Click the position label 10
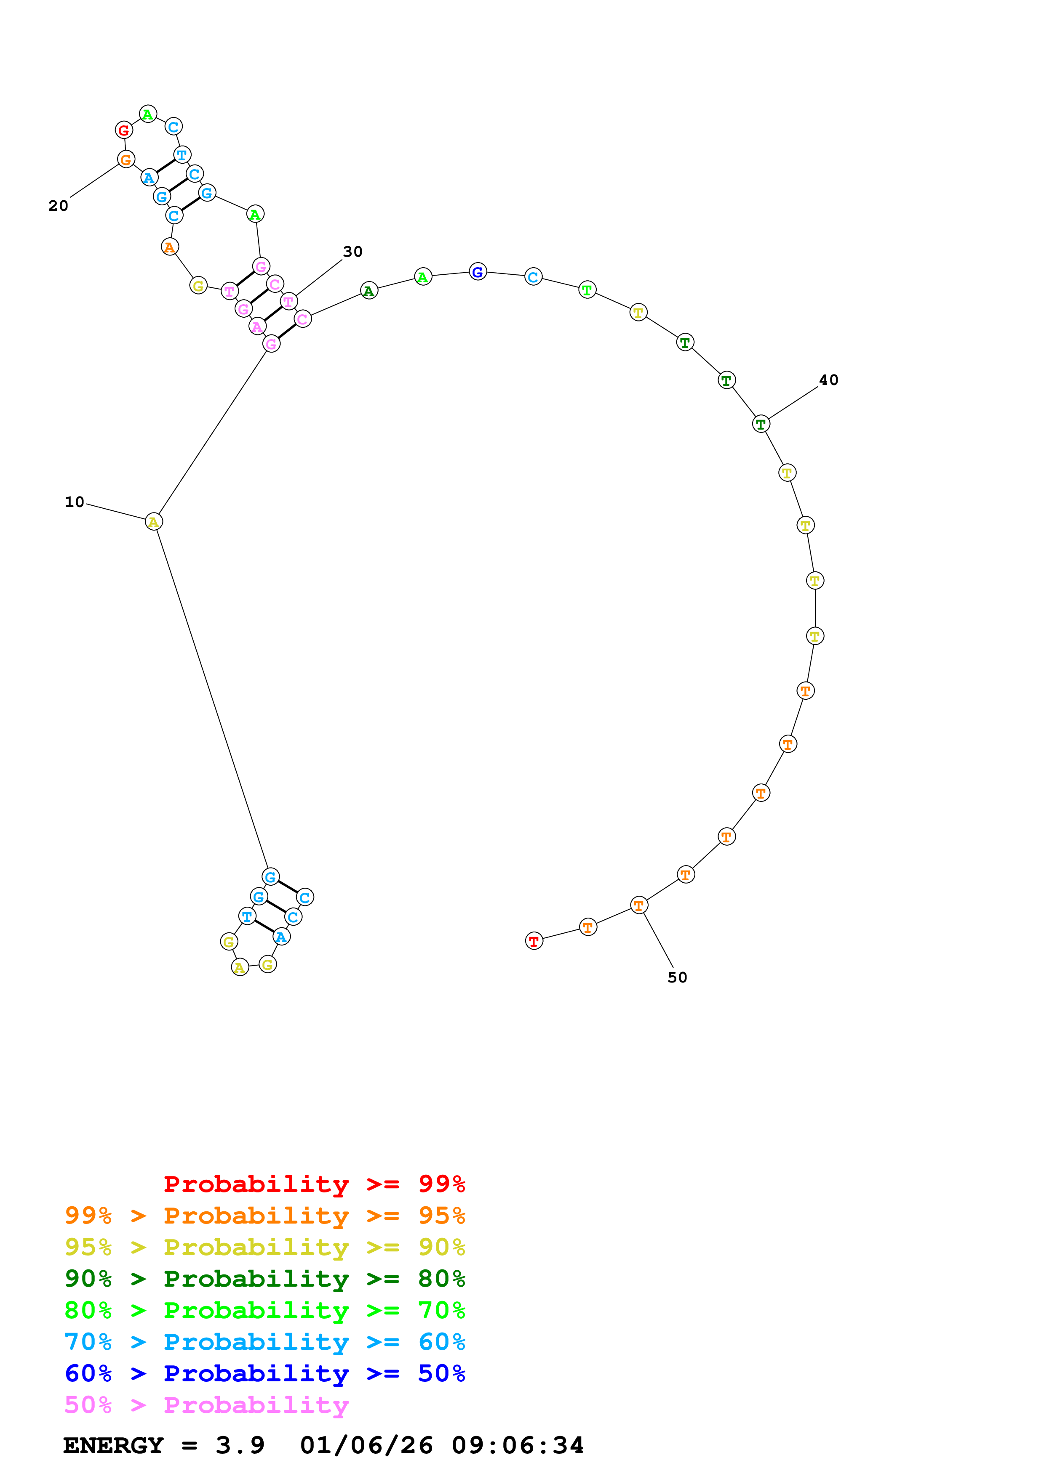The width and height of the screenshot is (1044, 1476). (x=75, y=502)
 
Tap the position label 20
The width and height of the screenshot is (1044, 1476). (x=58, y=206)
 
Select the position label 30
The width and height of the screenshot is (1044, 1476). (x=352, y=251)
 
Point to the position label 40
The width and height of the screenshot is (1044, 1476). (x=828, y=380)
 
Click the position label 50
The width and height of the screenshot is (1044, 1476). (x=677, y=977)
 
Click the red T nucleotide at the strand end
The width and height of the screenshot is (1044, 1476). (x=534, y=941)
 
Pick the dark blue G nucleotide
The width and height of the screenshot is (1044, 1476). (x=477, y=272)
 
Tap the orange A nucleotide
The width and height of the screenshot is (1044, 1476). (x=169, y=247)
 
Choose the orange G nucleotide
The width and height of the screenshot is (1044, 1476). (x=126, y=159)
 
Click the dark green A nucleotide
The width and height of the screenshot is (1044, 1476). (x=368, y=291)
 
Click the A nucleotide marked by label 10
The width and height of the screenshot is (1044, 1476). (x=154, y=522)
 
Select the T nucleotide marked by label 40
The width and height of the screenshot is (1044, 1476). (x=761, y=424)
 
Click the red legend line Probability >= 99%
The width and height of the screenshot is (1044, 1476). (x=314, y=1184)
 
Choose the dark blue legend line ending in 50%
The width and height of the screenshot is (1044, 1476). (x=264, y=1373)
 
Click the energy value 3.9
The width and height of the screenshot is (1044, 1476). (x=240, y=1445)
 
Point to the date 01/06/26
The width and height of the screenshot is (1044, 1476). (x=366, y=1445)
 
